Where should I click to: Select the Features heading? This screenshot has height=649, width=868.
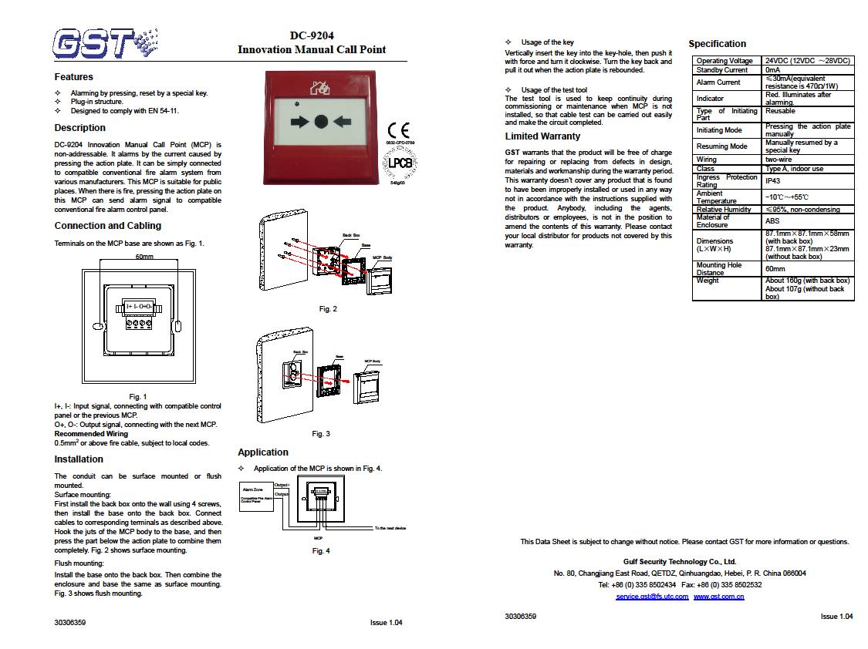(x=73, y=77)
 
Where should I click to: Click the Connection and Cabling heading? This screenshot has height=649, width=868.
(x=107, y=226)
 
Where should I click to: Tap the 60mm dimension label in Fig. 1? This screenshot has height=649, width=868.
(x=144, y=256)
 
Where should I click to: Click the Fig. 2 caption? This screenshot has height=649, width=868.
(x=328, y=309)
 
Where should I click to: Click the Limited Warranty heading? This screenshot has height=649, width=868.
(x=542, y=136)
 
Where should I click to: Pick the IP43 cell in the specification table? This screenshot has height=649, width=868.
(x=772, y=180)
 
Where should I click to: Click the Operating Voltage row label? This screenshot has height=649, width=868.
(x=724, y=61)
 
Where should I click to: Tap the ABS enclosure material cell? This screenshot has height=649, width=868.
(x=772, y=221)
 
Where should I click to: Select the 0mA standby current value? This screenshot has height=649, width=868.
(x=772, y=70)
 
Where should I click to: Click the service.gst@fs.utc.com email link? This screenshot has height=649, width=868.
(x=652, y=597)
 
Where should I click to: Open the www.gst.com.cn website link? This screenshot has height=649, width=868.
(x=718, y=597)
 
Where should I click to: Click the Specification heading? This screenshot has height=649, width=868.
(x=717, y=44)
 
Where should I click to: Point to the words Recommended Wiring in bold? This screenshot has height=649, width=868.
(x=91, y=434)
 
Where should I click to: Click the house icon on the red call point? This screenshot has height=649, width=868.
(x=319, y=87)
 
